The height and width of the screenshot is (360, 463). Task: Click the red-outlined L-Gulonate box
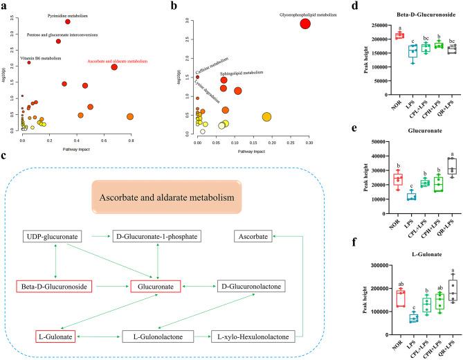click(56, 316)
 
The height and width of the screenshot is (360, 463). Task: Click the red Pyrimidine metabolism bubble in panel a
click(68, 21)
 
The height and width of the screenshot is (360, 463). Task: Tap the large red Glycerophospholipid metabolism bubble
click(305, 24)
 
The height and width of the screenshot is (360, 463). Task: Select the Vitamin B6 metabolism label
click(39, 59)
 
